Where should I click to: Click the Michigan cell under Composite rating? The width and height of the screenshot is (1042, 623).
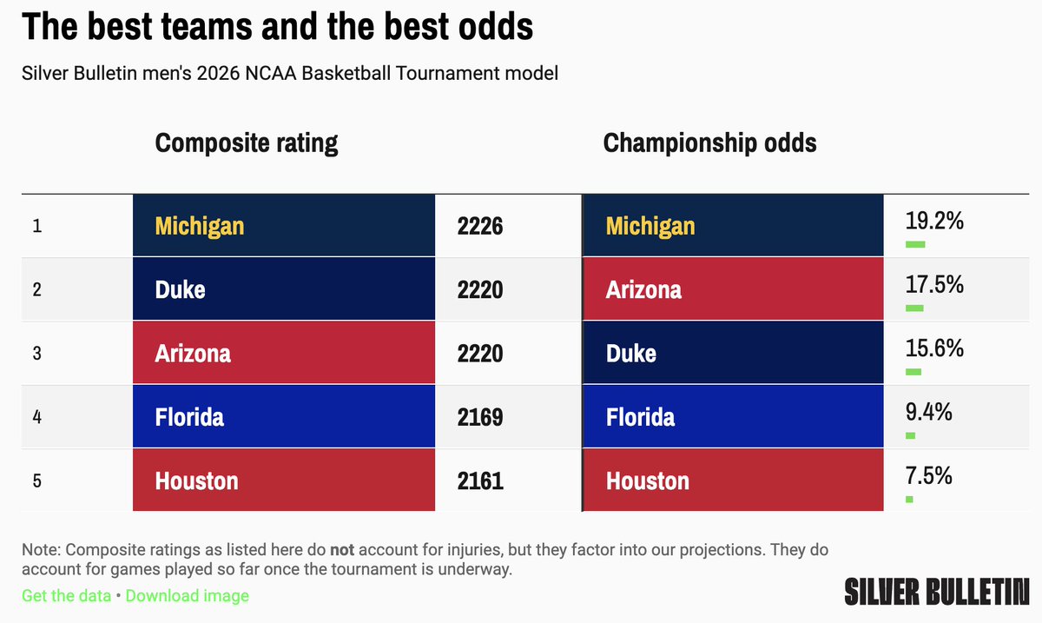283,226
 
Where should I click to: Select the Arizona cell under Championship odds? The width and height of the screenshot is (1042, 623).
733,289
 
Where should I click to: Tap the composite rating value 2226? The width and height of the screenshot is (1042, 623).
480,226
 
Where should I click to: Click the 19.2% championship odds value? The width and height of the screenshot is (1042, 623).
934,222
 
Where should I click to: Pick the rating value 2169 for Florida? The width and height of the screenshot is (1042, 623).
480,417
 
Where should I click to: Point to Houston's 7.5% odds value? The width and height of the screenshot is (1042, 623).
928,476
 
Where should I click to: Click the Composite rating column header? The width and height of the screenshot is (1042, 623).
247,142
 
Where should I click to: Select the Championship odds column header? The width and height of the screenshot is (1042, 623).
709,142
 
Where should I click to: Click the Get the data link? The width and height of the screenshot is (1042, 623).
66,595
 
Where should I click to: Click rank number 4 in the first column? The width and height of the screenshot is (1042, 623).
37,417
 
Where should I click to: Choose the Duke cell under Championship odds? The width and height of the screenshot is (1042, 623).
733,354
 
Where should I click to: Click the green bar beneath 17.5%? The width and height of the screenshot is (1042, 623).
914,308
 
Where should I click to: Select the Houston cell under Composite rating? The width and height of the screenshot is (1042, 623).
283,481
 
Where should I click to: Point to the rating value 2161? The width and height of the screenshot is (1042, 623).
480,481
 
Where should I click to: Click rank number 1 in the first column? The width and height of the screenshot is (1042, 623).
37,226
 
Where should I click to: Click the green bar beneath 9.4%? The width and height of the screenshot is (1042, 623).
910,435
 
